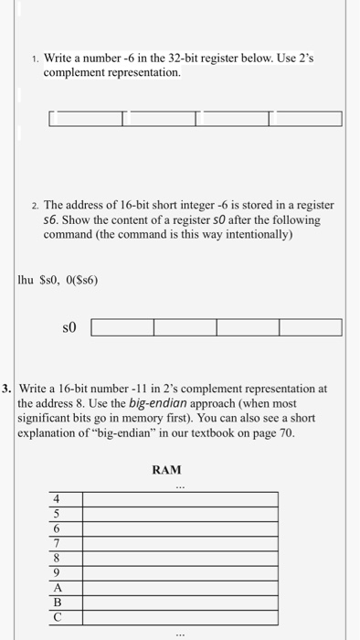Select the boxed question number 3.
[x=8, y=388]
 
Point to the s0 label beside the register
[x=69, y=325]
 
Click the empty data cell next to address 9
[x=180, y=571]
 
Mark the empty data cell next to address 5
[x=180, y=513]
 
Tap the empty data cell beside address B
[x=180, y=601]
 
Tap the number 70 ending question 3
[x=286, y=432]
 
